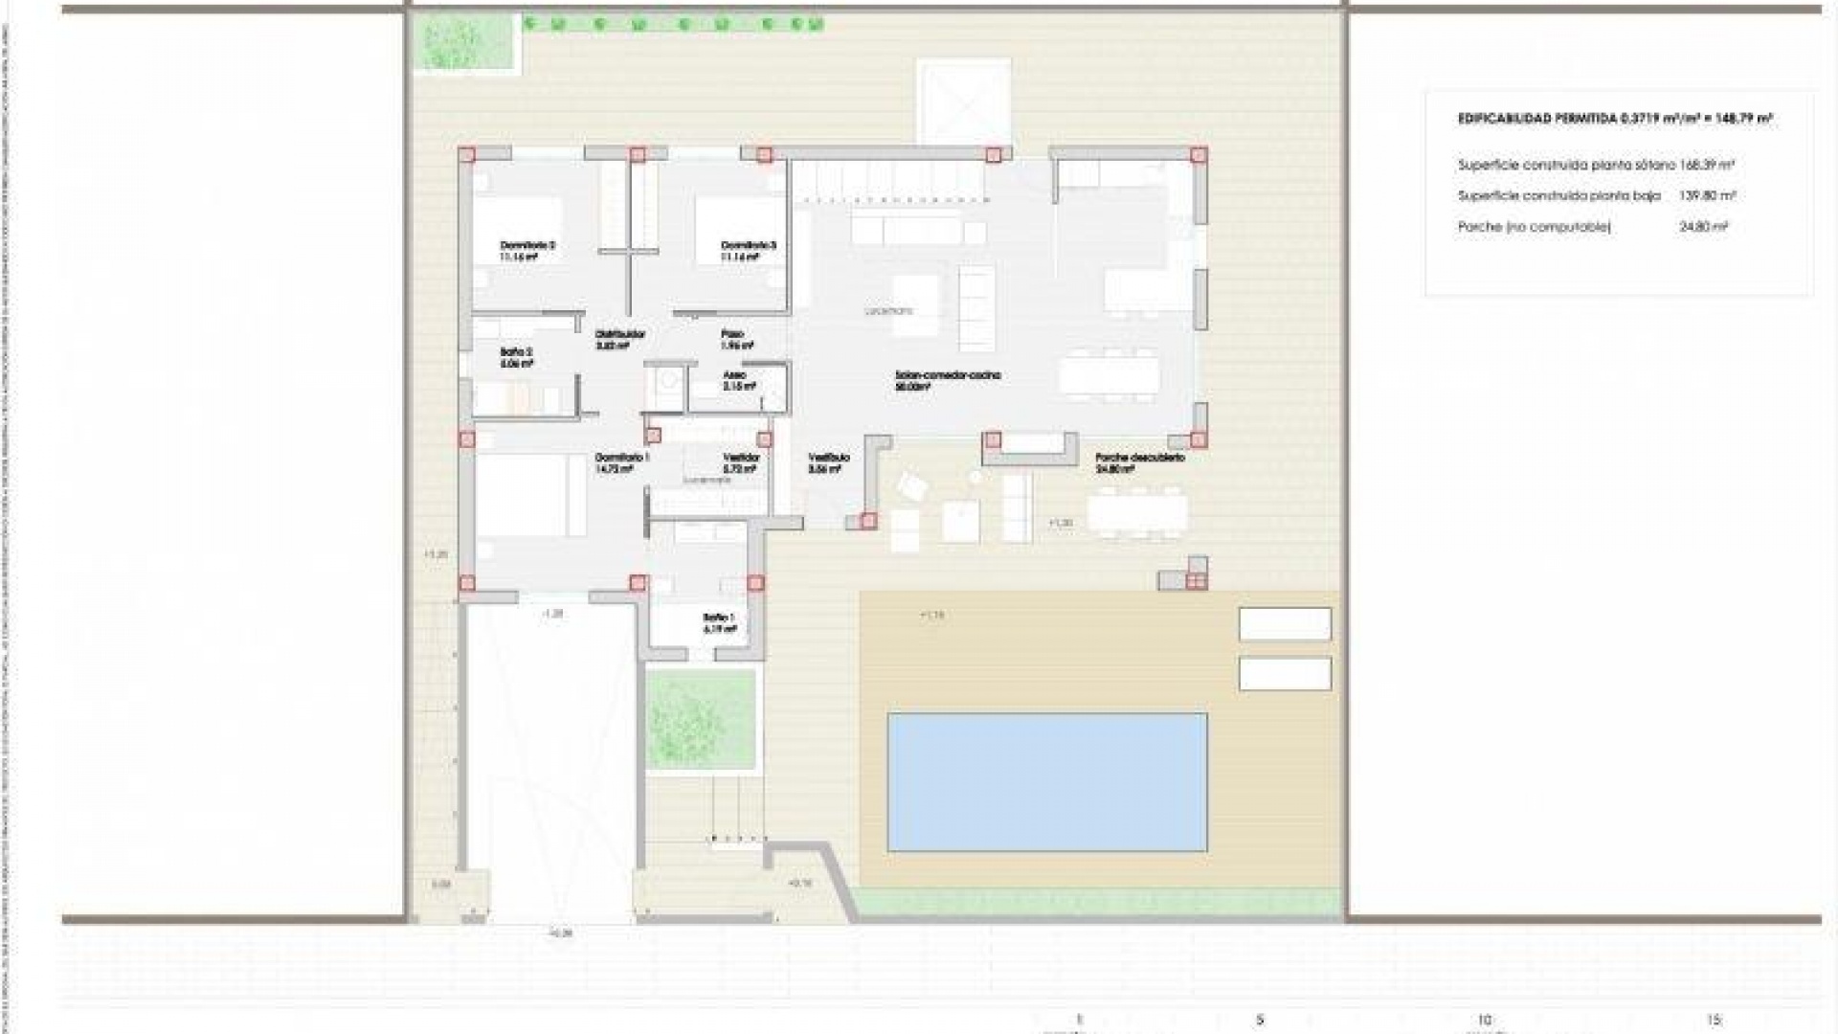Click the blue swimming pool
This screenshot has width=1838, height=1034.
(1046, 781)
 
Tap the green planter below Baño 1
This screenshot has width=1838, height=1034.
(702, 720)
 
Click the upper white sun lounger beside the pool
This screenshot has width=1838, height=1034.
(1285, 624)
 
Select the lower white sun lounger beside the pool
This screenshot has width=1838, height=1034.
(1285, 674)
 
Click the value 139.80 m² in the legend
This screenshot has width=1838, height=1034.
(1707, 195)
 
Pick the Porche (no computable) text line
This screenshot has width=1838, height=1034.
(1534, 227)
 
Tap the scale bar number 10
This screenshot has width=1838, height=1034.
(1484, 1020)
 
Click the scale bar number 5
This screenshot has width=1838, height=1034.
(1260, 1020)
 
